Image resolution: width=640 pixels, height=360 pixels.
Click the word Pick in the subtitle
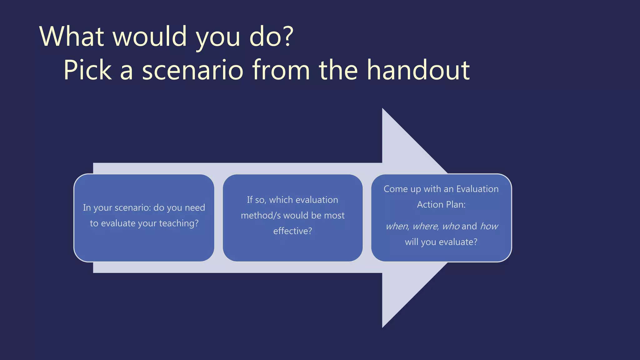click(87, 70)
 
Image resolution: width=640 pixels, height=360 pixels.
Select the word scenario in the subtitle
click(192, 70)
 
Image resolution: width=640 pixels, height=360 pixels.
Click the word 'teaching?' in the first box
click(179, 223)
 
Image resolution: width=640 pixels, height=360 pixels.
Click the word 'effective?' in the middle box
click(292, 231)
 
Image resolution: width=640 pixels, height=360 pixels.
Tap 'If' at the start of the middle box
click(249, 200)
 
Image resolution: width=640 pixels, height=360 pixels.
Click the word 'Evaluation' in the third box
click(477, 189)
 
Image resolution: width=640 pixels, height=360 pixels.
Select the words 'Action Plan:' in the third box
click(441, 205)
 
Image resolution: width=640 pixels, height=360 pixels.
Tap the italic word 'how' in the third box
click(489, 226)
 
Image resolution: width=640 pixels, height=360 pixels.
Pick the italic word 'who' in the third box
click(451, 226)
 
